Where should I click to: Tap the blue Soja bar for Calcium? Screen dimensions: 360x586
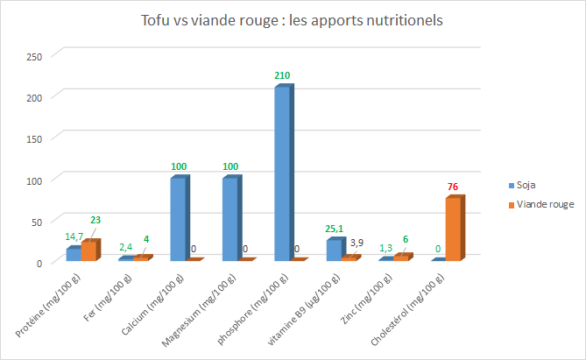tap(178, 219)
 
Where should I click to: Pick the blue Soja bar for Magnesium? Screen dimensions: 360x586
tap(229, 219)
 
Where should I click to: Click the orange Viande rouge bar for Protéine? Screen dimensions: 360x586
tap(89, 251)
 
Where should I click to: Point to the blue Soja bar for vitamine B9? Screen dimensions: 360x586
tap(334, 251)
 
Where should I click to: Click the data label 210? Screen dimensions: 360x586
tap(282, 76)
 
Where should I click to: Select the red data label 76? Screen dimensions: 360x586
tap(453, 187)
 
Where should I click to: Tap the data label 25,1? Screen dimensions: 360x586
tap(334, 229)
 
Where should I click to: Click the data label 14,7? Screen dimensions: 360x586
tap(74, 236)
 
